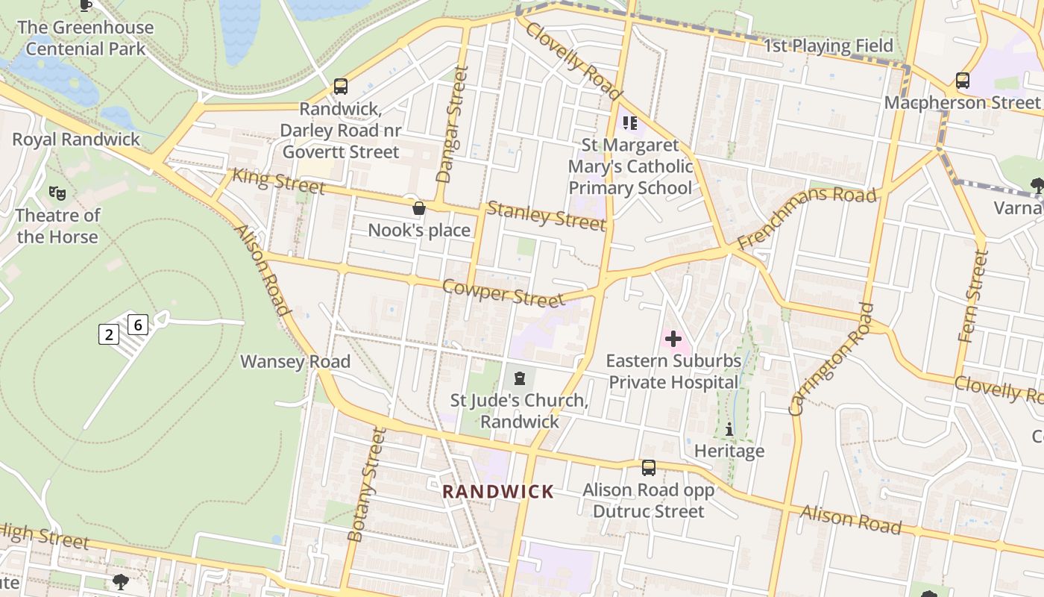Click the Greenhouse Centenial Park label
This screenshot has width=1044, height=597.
click(x=85, y=39)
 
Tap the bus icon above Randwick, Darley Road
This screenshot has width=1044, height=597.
click(x=341, y=87)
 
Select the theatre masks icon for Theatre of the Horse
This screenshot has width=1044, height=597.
click(x=57, y=193)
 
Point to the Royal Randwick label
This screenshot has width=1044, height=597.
click(x=76, y=140)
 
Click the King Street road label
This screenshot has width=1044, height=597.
click(x=278, y=181)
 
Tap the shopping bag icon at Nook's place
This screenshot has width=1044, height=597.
click(x=419, y=208)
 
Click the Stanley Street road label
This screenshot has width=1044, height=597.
click(x=546, y=216)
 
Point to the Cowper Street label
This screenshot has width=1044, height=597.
click(x=503, y=293)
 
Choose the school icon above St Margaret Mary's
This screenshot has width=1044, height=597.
click(x=630, y=122)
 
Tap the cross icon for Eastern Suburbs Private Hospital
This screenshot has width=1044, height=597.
click(x=673, y=340)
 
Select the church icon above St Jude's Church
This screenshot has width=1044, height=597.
click(x=520, y=378)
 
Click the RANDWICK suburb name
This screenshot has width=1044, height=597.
click(x=498, y=492)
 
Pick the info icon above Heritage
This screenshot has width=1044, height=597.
click(x=729, y=430)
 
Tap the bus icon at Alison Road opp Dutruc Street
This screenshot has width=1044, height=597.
click(x=649, y=468)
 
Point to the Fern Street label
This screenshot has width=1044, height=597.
click(x=973, y=296)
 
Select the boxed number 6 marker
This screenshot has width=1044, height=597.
click(x=138, y=325)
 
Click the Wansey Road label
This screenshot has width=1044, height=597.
click(x=295, y=362)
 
